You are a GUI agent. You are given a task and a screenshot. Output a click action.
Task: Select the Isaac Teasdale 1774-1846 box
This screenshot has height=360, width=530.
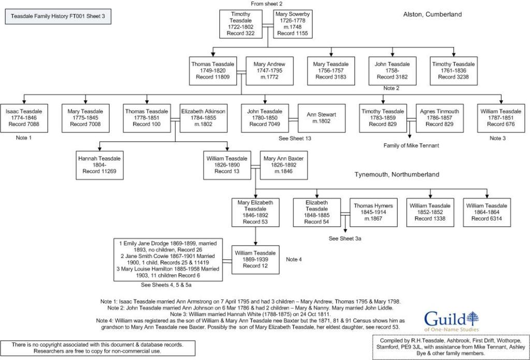(24, 118)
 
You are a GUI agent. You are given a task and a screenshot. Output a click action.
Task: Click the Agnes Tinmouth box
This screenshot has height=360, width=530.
(434, 118)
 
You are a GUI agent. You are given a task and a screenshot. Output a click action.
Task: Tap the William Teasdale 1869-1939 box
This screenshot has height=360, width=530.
(255, 259)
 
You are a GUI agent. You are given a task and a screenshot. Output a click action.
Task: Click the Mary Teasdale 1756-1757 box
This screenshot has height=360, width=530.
(331, 70)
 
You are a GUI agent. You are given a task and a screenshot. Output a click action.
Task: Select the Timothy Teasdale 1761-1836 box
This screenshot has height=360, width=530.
(453, 70)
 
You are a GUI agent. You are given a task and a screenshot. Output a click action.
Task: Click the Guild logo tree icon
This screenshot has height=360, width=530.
(472, 317)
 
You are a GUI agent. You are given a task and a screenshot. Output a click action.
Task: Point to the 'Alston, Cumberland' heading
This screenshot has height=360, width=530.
(432, 15)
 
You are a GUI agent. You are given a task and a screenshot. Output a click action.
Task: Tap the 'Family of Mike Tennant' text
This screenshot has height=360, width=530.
(411, 146)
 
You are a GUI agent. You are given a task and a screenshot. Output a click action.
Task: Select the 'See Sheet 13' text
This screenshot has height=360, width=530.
(296, 138)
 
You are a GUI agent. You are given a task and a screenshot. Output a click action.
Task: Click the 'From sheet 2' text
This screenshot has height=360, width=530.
(267, 4)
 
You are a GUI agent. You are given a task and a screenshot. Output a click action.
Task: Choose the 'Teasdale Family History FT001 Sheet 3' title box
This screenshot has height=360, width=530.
(57, 17)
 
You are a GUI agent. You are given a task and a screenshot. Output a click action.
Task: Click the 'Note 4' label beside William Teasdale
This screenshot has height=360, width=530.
(293, 259)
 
